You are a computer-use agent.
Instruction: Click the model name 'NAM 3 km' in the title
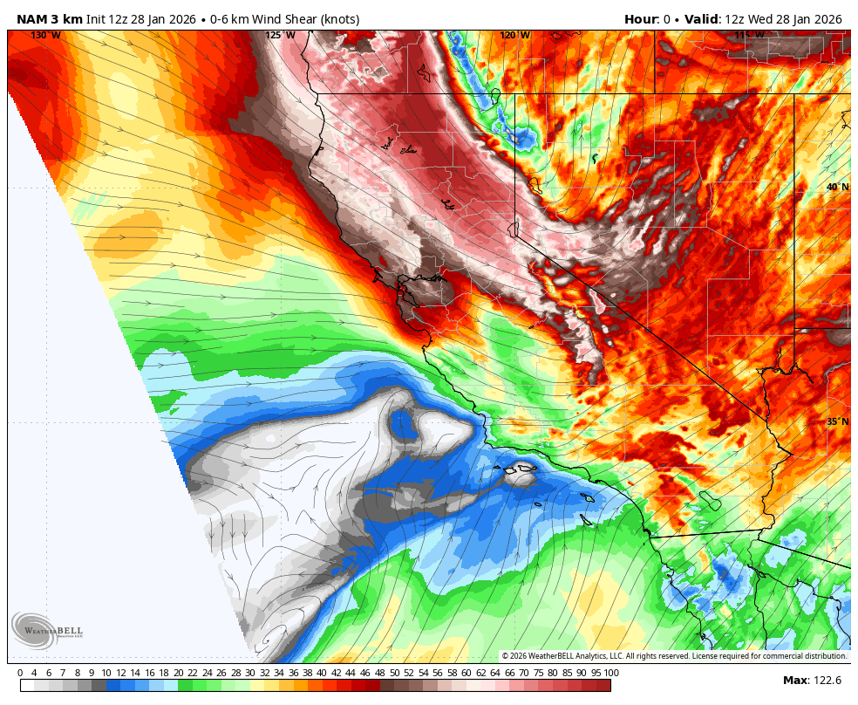[x=50, y=19]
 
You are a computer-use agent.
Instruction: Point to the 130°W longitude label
[x=45, y=36]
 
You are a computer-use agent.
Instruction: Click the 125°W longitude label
[x=280, y=36]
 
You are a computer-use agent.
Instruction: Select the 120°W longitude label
[x=514, y=36]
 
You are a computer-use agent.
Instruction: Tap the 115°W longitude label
[x=749, y=36]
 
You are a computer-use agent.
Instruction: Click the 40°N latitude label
[x=837, y=188]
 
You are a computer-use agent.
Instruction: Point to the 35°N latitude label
[x=837, y=422]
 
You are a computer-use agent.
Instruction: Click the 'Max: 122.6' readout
[x=812, y=681]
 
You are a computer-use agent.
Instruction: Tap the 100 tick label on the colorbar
[x=610, y=673]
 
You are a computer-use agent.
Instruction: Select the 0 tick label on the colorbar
[x=20, y=673]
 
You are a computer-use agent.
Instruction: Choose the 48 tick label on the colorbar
[x=379, y=673]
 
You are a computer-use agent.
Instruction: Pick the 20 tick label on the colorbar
[x=179, y=673]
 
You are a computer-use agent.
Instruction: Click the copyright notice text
[x=673, y=656]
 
